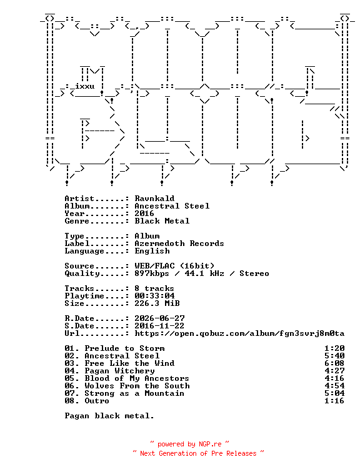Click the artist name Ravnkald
[154, 199]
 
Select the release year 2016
[144, 214]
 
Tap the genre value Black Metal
[162, 221]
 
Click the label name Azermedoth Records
[179, 243]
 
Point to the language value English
[152, 251]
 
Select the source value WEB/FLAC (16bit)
[174, 266]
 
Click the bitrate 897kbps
[151, 273]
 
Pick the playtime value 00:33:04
[154, 295]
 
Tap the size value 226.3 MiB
[157, 303]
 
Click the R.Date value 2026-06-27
[159, 318]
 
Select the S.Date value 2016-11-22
[159, 326]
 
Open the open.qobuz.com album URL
[239, 333]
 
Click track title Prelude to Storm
[124, 348]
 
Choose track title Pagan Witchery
[119, 371]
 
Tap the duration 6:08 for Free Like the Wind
[334, 363]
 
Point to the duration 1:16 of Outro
[334, 401]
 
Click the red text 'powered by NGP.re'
[189, 445]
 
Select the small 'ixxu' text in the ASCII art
[84, 86]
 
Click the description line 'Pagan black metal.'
[109, 416]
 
